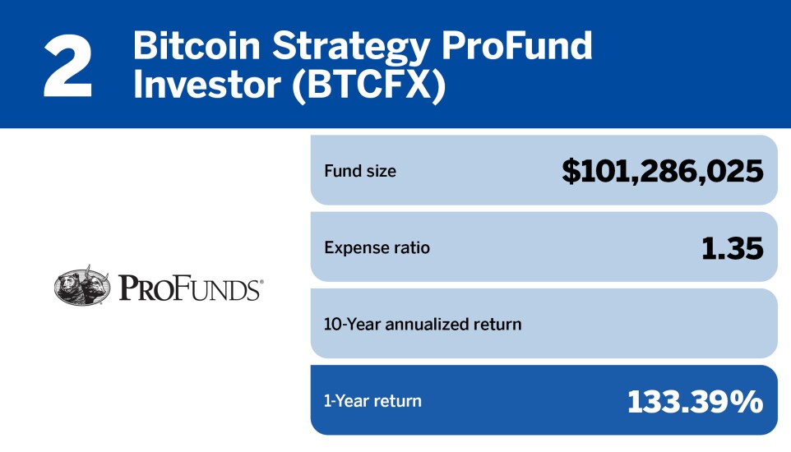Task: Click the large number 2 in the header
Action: point(67,67)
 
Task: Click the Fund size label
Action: point(359,171)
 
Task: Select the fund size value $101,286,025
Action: point(663,171)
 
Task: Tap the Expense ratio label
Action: point(377,247)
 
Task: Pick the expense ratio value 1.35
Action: point(731,247)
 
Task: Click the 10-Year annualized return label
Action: point(423,324)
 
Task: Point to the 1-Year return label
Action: point(372,401)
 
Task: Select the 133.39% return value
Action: point(695,401)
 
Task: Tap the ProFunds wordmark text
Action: point(191,288)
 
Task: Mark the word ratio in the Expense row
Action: point(411,247)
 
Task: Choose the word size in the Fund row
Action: point(379,171)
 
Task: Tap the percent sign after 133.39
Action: point(747,401)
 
